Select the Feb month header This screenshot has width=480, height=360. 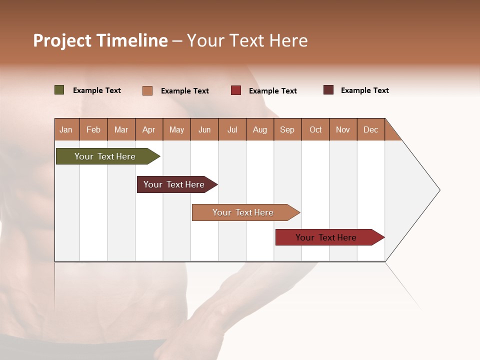click(93, 129)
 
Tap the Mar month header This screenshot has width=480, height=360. click(121, 129)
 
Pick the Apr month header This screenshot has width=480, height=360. click(149, 129)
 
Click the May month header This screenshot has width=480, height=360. click(176, 129)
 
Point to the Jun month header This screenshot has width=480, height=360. click(204, 129)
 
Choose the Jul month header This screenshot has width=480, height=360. click(232, 129)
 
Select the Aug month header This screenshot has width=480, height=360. click(260, 129)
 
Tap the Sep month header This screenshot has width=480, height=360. click(287, 129)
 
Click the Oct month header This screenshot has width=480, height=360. click(315, 129)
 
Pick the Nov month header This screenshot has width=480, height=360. click(343, 129)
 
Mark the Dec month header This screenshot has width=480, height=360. click(371, 129)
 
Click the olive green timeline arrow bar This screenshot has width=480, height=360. click(105, 156)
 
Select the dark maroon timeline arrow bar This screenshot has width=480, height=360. click(174, 184)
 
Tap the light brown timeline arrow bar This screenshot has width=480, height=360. click(243, 212)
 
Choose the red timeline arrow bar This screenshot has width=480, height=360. click(326, 237)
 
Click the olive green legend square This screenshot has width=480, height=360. click(59, 90)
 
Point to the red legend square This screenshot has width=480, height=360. click(236, 90)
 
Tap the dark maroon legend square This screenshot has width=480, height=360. click(328, 90)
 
